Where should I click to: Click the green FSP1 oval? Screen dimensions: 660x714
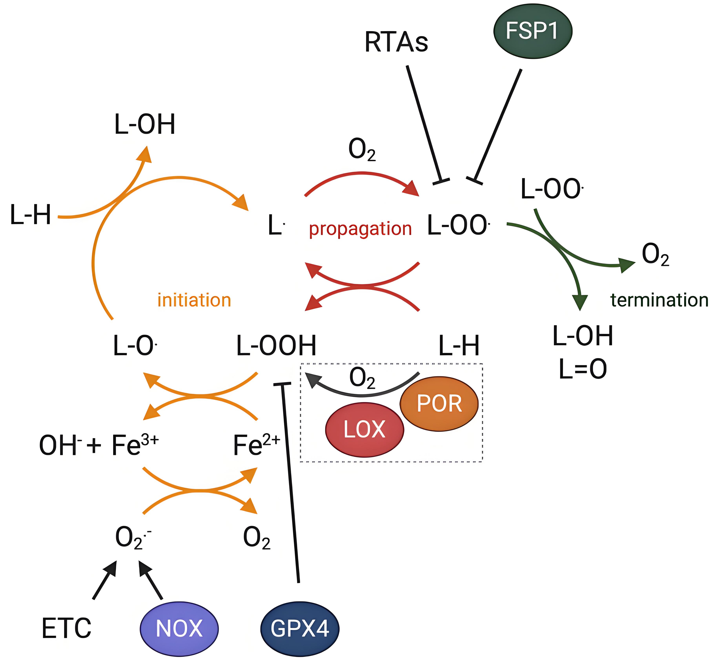[x=532, y=31]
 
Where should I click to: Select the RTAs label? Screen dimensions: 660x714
[x=396, y=42]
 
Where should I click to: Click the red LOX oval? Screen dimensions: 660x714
[x=364, y=430]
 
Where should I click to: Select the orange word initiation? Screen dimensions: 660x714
[x=194, y=300]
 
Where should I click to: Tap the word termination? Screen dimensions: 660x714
[x=659, y=300]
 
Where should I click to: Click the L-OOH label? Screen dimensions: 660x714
[x=276, y=346]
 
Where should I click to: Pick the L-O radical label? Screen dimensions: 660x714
[x=134, y=346]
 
